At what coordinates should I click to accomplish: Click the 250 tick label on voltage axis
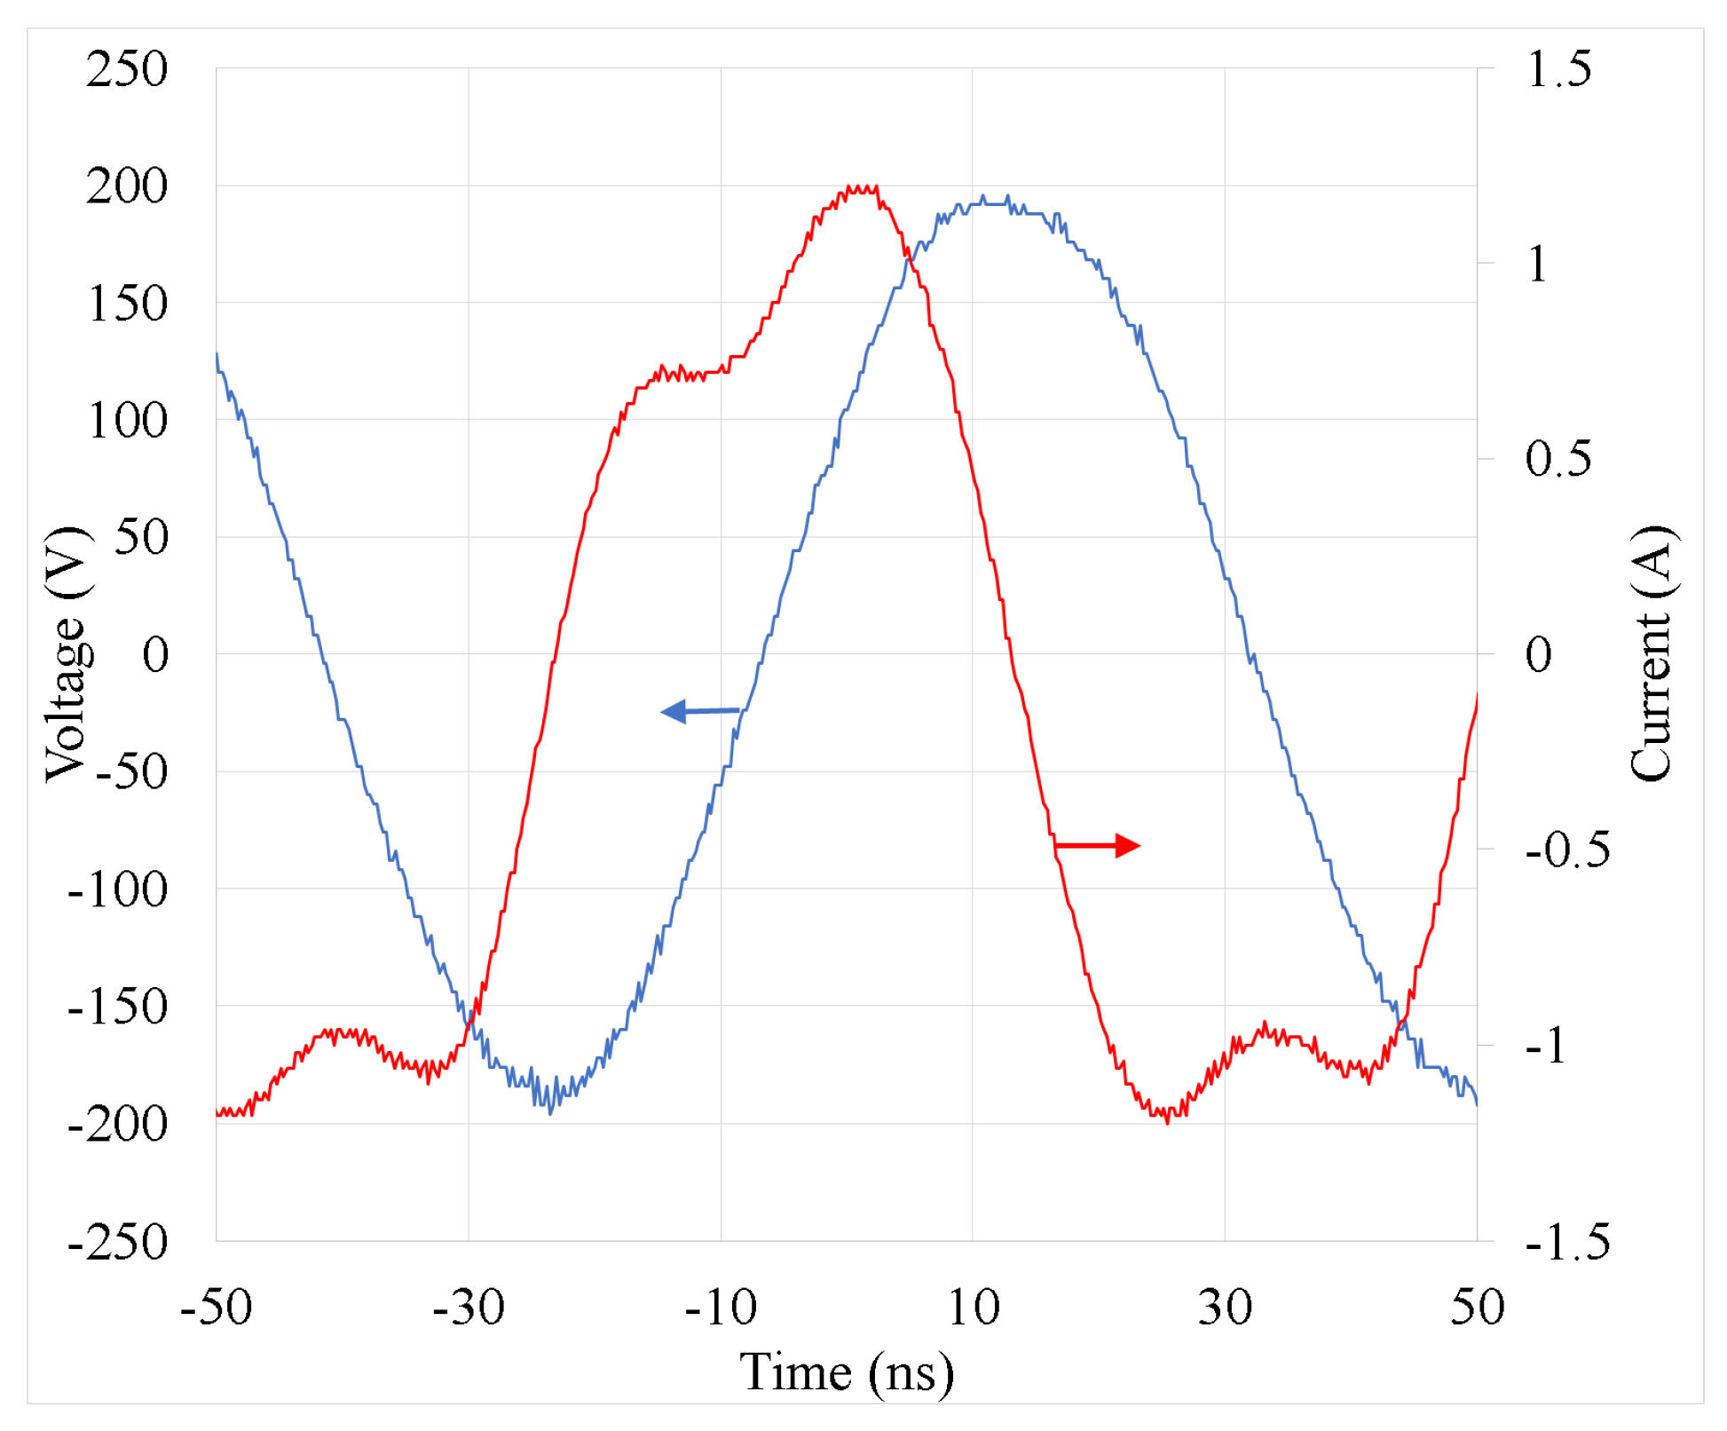[x=126, y=69]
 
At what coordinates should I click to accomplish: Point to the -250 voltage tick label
[x=117, y=1241]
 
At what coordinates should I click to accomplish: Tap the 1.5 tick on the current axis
[x=1558, y=69]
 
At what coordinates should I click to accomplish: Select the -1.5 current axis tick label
[x=1567, y=1241]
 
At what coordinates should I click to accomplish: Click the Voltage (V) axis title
[x=67, y=654]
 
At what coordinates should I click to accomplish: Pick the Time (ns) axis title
[x=847, y=1372]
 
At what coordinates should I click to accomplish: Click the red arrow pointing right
[x=1097, y=845]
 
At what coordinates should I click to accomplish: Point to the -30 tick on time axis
[x=469, y=1307]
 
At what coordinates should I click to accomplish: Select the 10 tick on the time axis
[x=973, y=1307]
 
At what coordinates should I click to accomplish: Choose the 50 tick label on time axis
[x=1477, y=1307]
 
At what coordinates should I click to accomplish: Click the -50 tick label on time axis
[x=216, y=1307]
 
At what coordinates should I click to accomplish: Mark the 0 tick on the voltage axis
[x=155, y=655]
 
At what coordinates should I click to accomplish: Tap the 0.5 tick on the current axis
[x=1558, y=459]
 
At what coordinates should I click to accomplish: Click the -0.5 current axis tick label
[x=1567, y=850]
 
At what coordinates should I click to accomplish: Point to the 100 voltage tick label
[x=126, y=421]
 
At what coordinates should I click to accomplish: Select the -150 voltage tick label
[x=117, y=1007]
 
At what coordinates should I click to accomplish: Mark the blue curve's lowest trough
[x=550, y=1111]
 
